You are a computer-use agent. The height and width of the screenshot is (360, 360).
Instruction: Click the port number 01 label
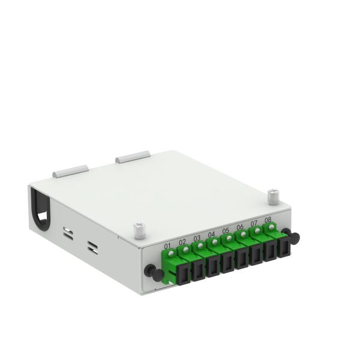167,247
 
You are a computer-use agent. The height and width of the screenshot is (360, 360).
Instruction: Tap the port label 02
182,242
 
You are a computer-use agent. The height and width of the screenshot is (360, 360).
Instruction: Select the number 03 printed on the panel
197,238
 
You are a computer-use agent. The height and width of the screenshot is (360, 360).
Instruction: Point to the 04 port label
211,235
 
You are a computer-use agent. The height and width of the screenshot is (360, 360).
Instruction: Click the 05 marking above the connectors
226,230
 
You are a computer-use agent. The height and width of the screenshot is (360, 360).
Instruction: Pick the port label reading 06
240,227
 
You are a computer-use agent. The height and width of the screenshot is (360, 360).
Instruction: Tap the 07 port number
254,223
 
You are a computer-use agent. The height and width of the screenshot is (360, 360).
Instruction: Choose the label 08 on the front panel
268,220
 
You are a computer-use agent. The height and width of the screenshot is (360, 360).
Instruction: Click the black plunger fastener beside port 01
154,272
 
